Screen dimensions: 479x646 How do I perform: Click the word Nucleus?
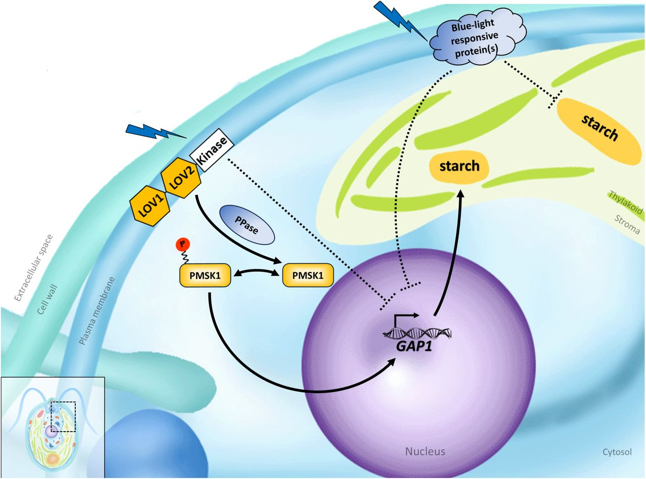(x=425, y=451)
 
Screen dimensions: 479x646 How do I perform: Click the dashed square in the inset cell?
(x=63, y=416)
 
